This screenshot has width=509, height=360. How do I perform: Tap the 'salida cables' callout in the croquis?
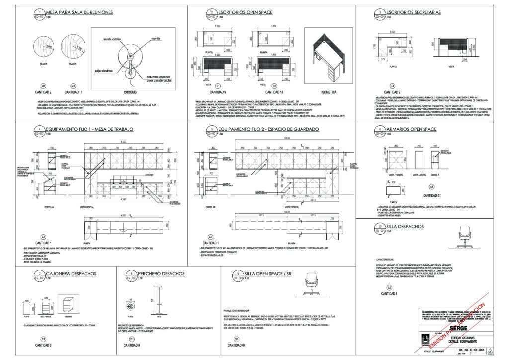click(114, 38)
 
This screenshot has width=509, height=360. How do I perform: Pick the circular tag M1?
click(43, 86)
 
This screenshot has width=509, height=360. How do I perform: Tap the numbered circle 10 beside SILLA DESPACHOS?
click(380, 228)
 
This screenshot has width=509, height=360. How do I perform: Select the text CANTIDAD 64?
click(236, 345)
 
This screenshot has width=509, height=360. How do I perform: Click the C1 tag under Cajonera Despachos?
click(43, 339)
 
